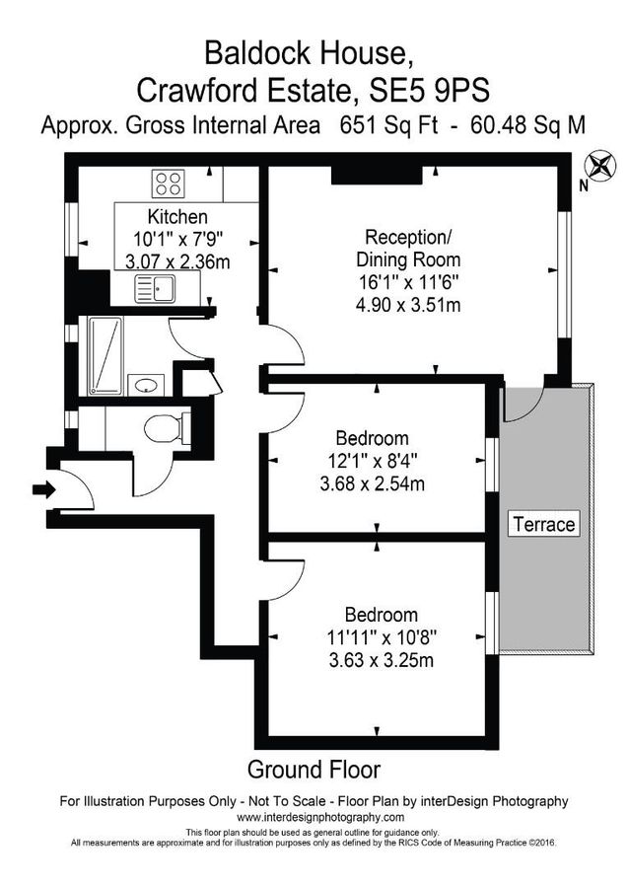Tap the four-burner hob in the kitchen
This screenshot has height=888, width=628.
click(168, 184)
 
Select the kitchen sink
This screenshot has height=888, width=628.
click(157, 289)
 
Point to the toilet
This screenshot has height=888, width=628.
click(162, 429)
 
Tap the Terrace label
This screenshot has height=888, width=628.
click(542, 524)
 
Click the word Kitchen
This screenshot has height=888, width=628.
click(177, 217)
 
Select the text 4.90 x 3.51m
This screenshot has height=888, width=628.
click(408, 305)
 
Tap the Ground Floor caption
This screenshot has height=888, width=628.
click(314, 769)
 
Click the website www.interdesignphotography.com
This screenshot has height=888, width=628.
click(314, 817)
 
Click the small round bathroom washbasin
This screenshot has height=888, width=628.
click(146, 384)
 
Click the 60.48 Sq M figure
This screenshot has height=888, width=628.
click(528, 125)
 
